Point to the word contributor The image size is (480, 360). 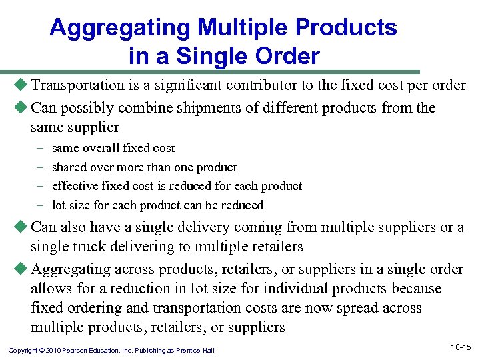(265, 85)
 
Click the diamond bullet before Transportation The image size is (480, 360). (21, 85)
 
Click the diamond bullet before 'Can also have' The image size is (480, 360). (21, 227)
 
